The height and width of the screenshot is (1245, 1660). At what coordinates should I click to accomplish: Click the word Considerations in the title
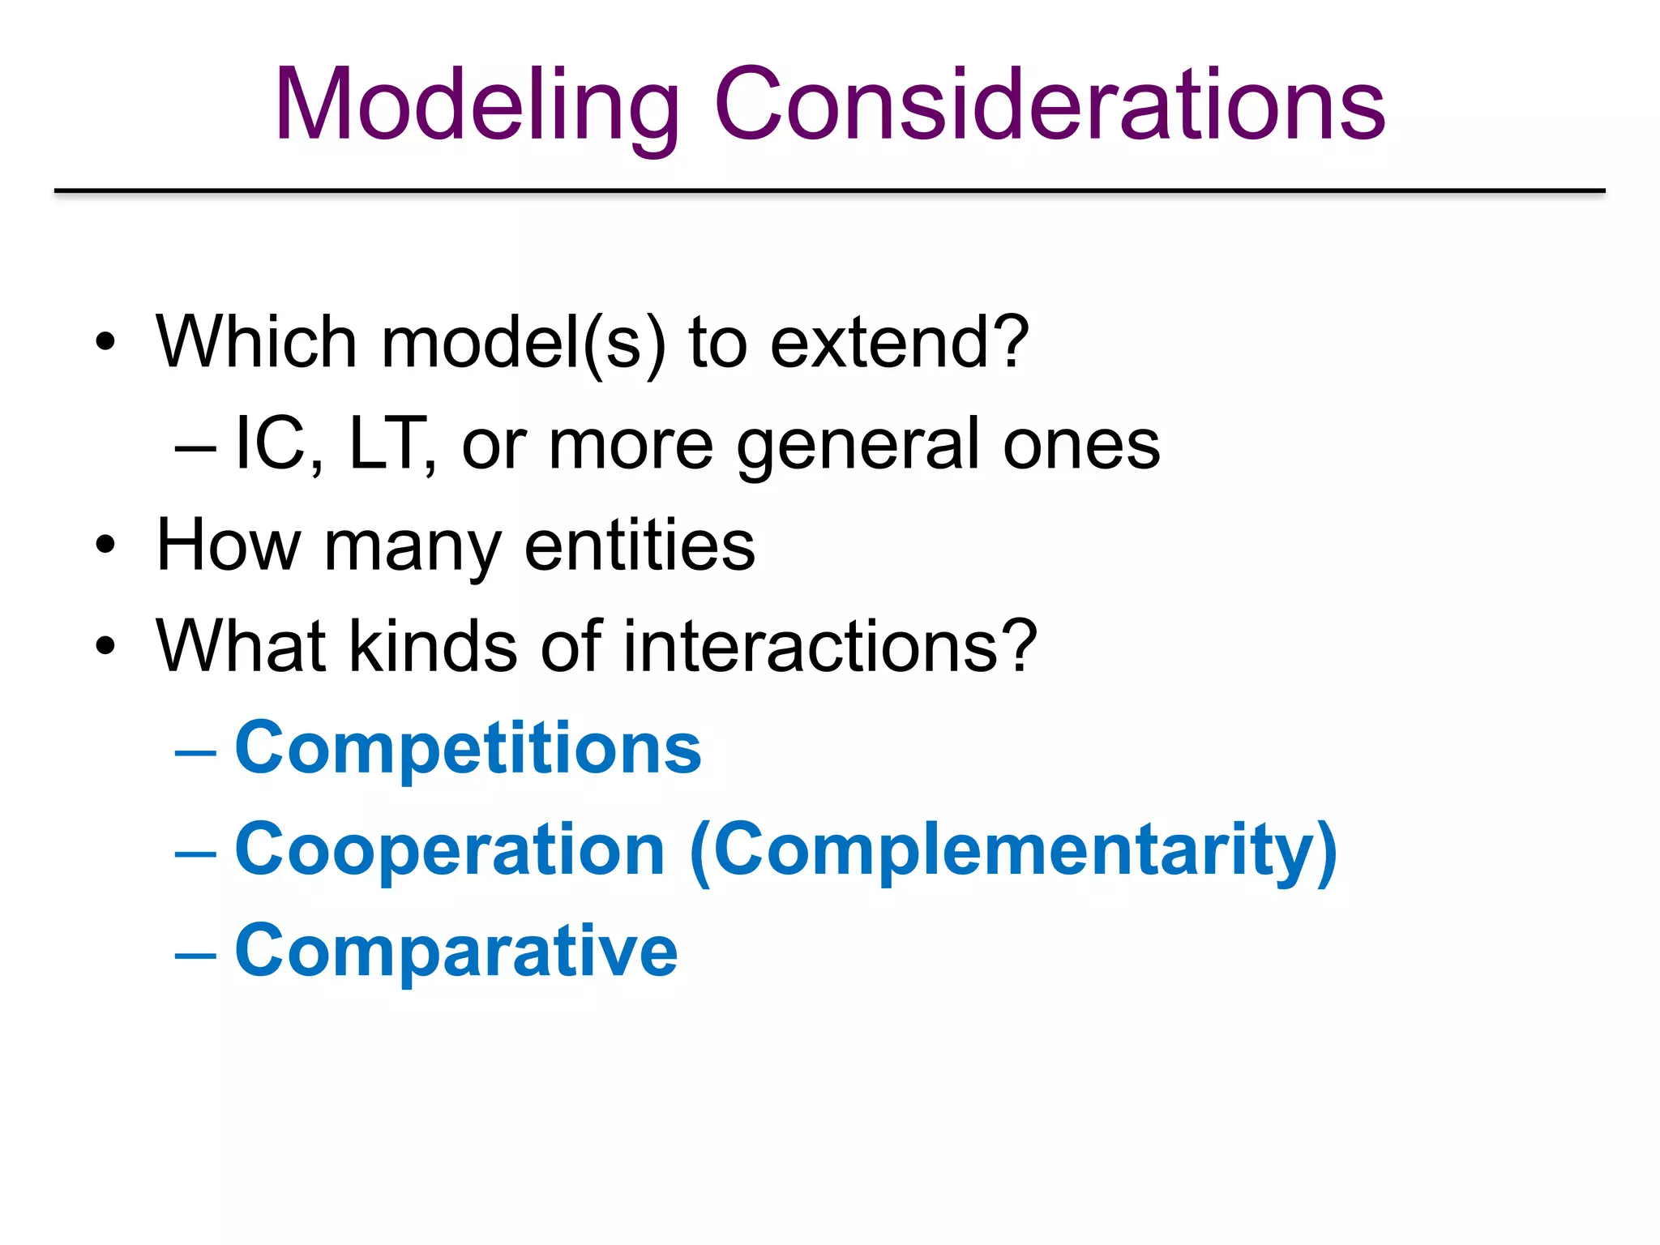(x=1049, y=105)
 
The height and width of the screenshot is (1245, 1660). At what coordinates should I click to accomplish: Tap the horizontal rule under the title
(x=830, y=191)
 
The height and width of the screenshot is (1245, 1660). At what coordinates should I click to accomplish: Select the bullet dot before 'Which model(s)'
(x=105, y=342)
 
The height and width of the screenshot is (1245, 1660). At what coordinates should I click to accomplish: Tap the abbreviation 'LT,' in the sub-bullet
(x=392, y=444)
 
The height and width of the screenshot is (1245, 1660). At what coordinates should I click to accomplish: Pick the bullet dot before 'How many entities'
(x=105, y=545)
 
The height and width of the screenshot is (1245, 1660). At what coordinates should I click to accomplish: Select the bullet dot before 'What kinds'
(x=105, y=646)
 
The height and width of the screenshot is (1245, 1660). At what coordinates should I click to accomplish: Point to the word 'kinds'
(x=433, y=647)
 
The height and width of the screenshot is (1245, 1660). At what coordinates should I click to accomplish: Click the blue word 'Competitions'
(x=468, y=750)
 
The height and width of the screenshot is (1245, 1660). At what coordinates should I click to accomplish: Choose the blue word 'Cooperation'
(x=450, y=851)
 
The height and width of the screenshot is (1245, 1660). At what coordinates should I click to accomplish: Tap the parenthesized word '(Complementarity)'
(x=1013, y=851)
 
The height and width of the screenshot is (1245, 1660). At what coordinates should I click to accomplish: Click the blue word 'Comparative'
(x=456, y=952)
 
